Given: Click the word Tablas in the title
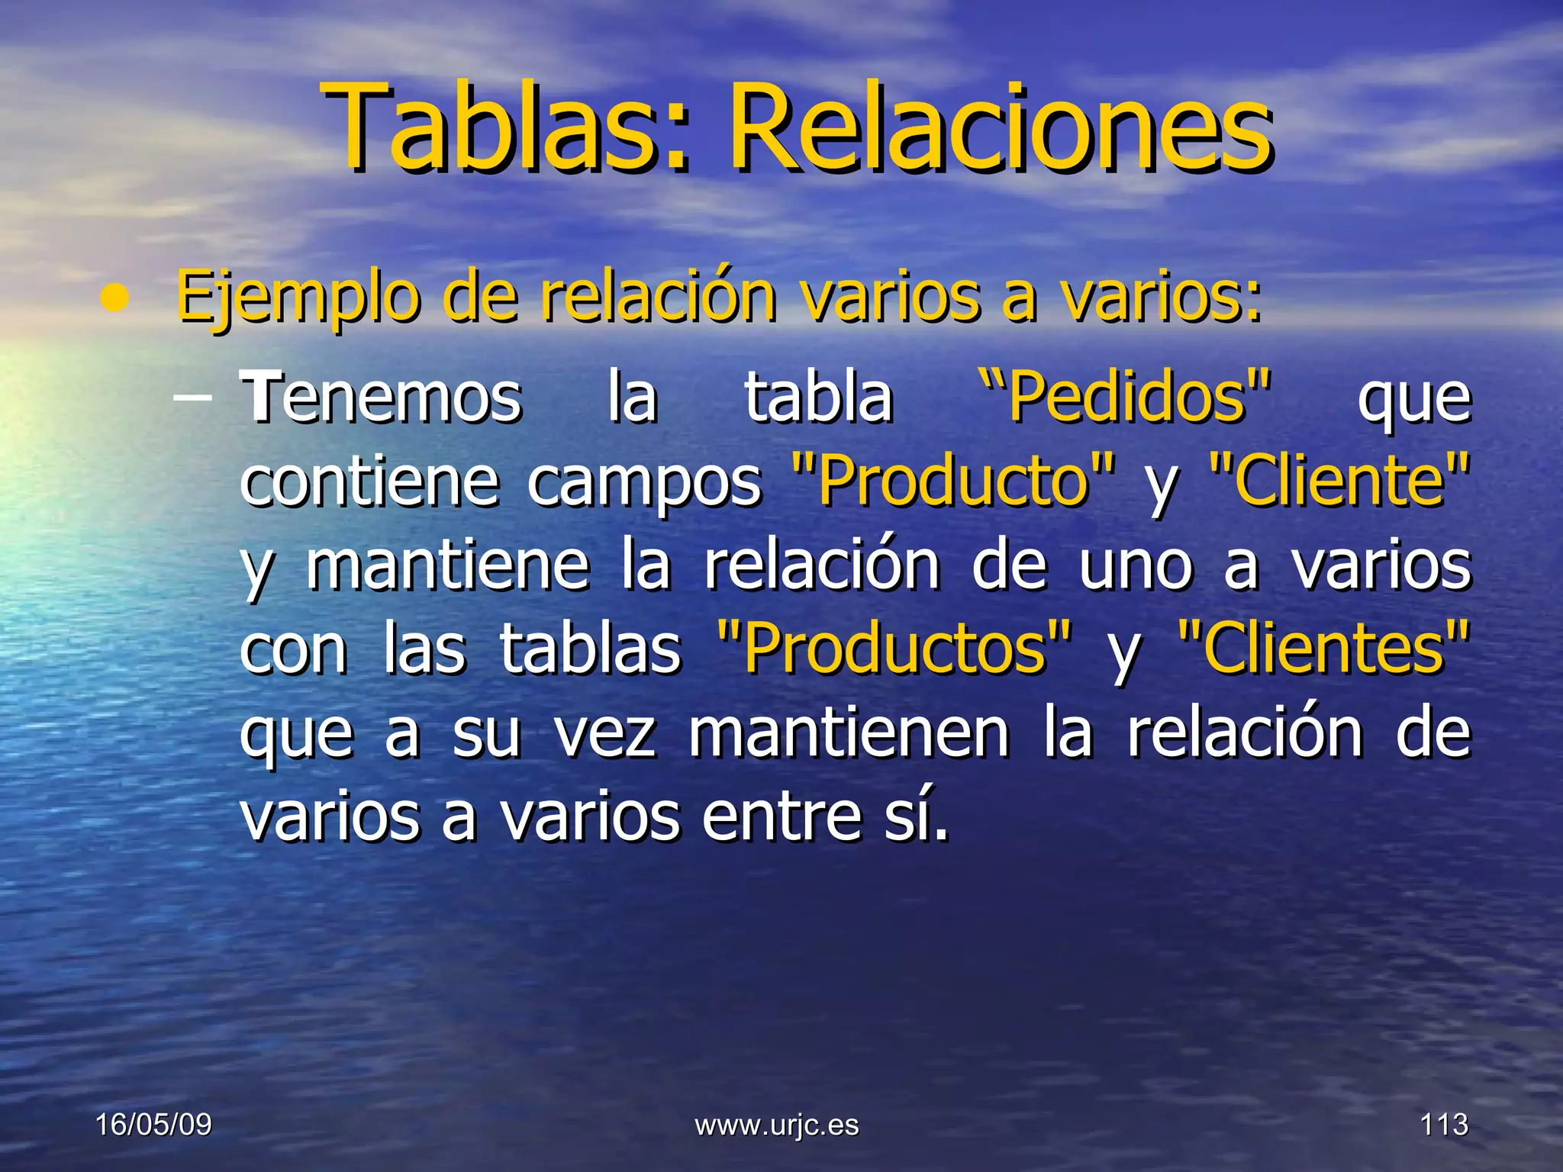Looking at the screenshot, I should click(488, 128).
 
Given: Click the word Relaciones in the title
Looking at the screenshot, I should click(1000, 128).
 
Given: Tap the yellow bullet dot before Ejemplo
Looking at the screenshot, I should click(114, 299).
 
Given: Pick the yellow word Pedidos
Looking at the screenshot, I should click(1126, 397).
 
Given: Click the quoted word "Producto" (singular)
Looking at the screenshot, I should click(954, 481).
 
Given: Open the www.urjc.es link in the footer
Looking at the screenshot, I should click(777, 1125).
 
